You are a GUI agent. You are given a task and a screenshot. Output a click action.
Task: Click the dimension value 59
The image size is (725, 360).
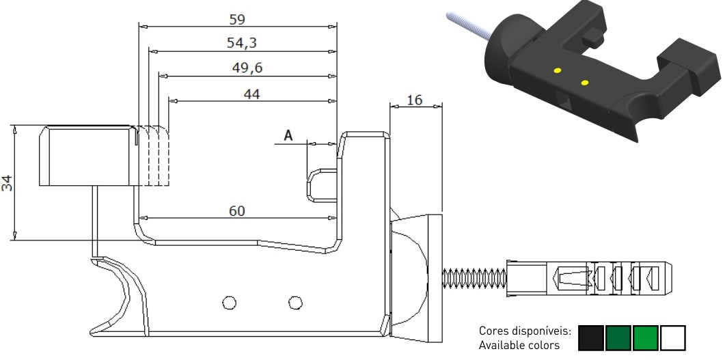point(236,18)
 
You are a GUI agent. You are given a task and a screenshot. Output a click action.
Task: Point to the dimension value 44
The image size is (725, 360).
point(251,94)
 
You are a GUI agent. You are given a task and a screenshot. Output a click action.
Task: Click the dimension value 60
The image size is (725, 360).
point(236,210)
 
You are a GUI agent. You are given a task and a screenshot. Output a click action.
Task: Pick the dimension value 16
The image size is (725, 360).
point(414,100)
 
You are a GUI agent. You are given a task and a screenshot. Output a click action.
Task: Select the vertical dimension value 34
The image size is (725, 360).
point(6,182)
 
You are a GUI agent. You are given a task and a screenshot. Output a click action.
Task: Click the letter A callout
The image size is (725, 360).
point(288,136)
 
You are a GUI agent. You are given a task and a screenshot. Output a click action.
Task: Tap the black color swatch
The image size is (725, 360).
point(591,338)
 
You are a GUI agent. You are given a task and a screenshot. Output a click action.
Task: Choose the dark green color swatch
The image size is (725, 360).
point(618,338)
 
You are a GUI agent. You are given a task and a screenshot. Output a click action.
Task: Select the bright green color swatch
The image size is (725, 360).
point(645,338)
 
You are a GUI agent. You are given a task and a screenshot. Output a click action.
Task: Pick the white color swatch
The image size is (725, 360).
point(672,338)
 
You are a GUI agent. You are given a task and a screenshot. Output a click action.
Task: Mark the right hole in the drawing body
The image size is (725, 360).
point(295,301)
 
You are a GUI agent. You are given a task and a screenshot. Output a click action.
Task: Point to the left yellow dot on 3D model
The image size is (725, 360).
point(558,70)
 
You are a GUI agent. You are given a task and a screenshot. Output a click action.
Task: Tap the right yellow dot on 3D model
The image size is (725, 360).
point(585,83)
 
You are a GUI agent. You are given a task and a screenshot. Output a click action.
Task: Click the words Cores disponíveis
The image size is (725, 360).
point(525,332)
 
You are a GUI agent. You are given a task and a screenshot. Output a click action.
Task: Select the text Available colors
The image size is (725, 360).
point(519,345)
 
